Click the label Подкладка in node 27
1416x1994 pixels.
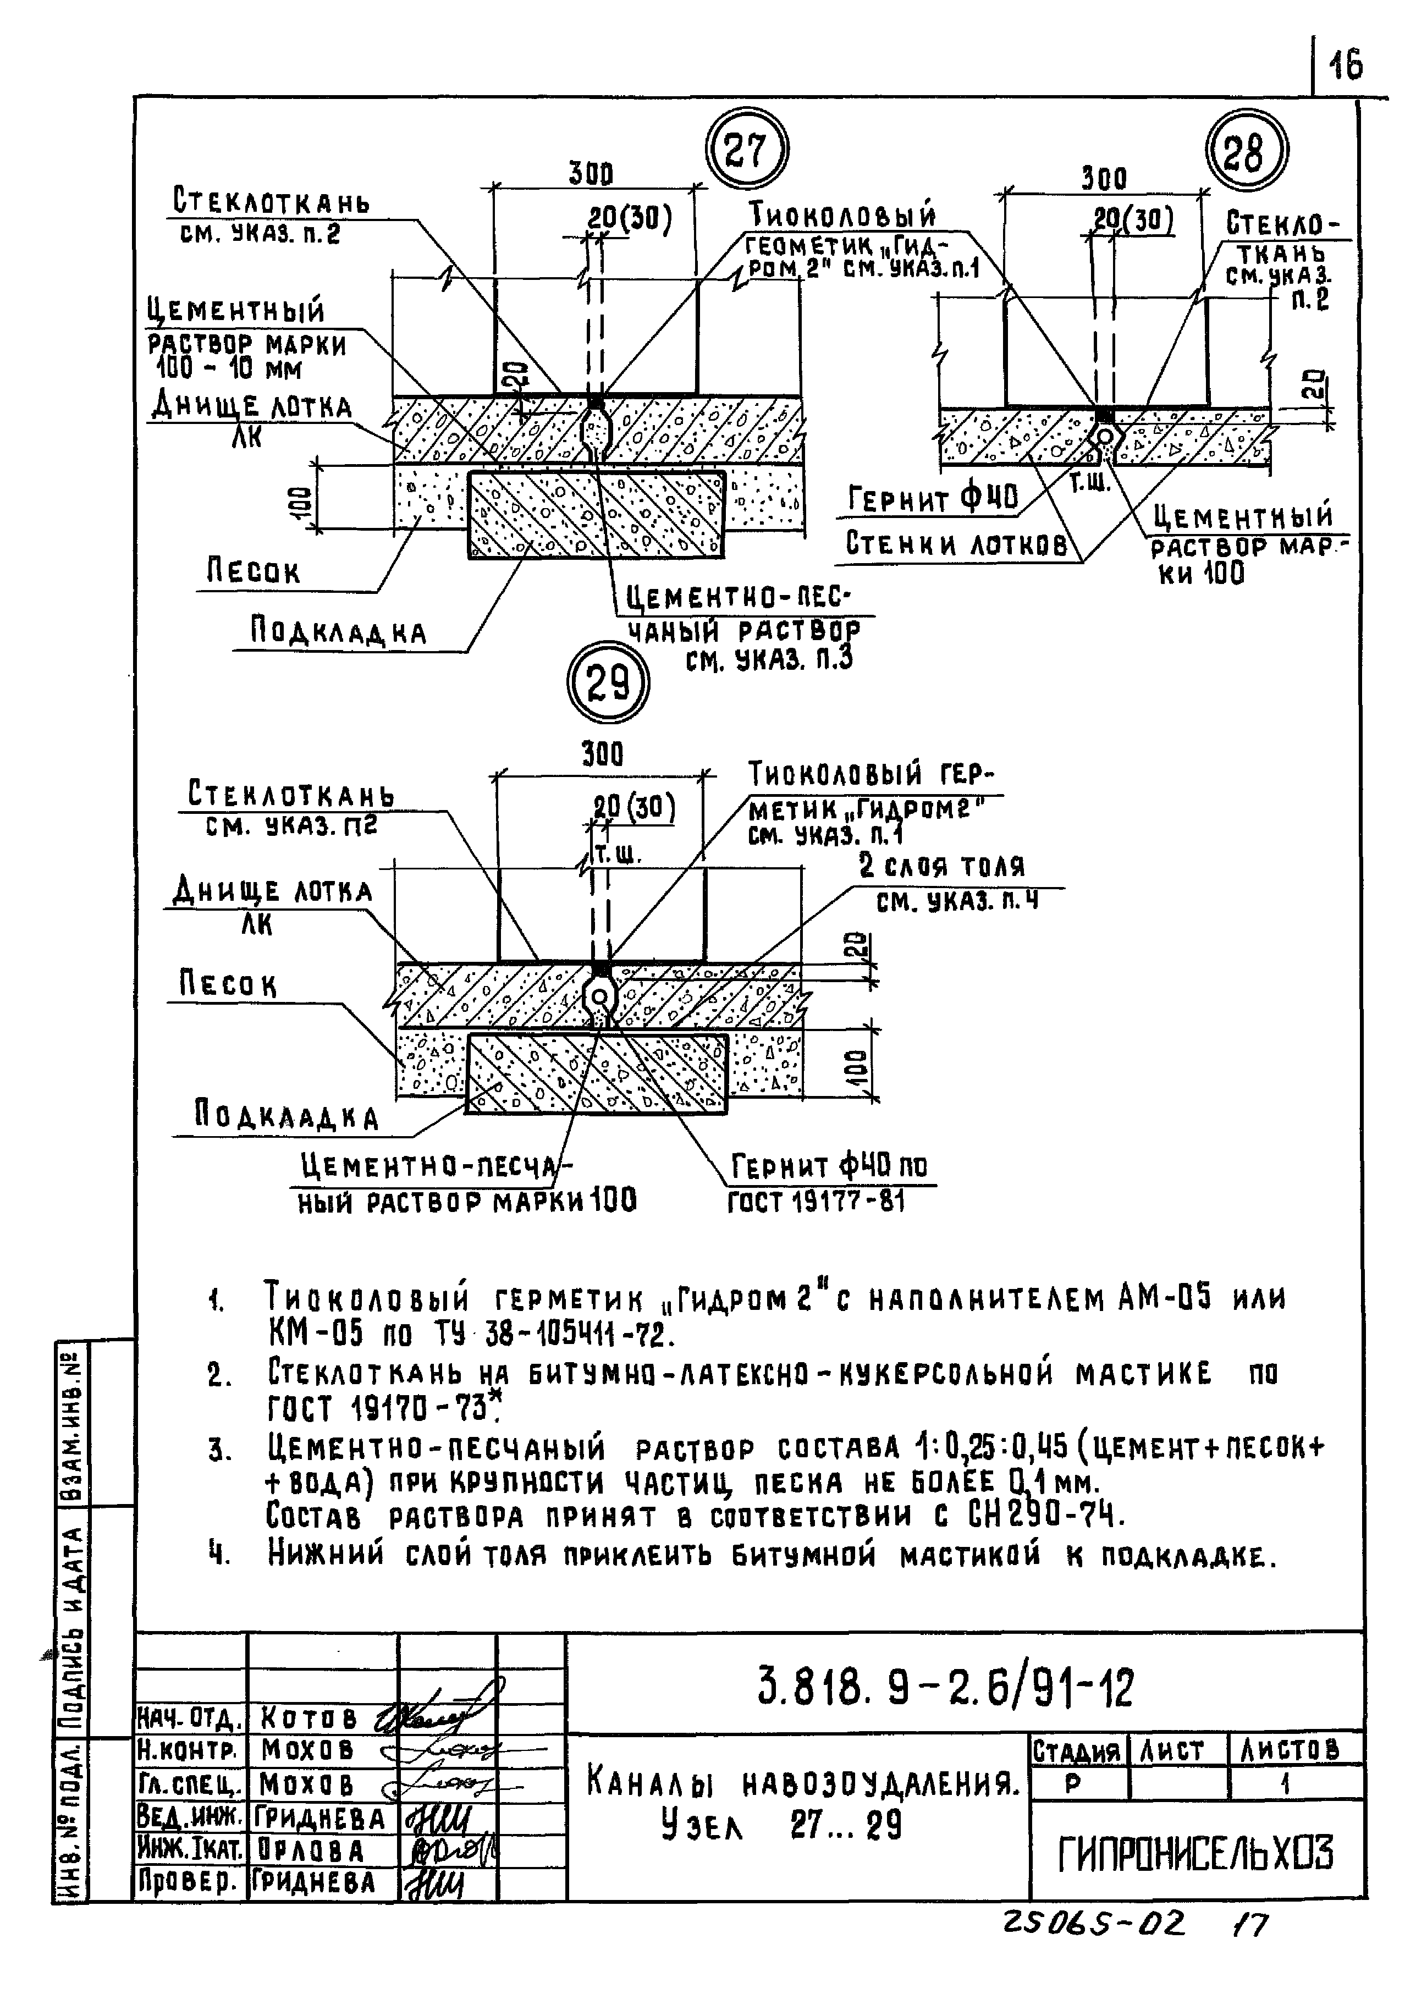[x=338, y=632]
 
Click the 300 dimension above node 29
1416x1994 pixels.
[x=603, y=754]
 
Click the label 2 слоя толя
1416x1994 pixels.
[x=941, y=866]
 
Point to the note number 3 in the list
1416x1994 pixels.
[x=217, y=1451]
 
